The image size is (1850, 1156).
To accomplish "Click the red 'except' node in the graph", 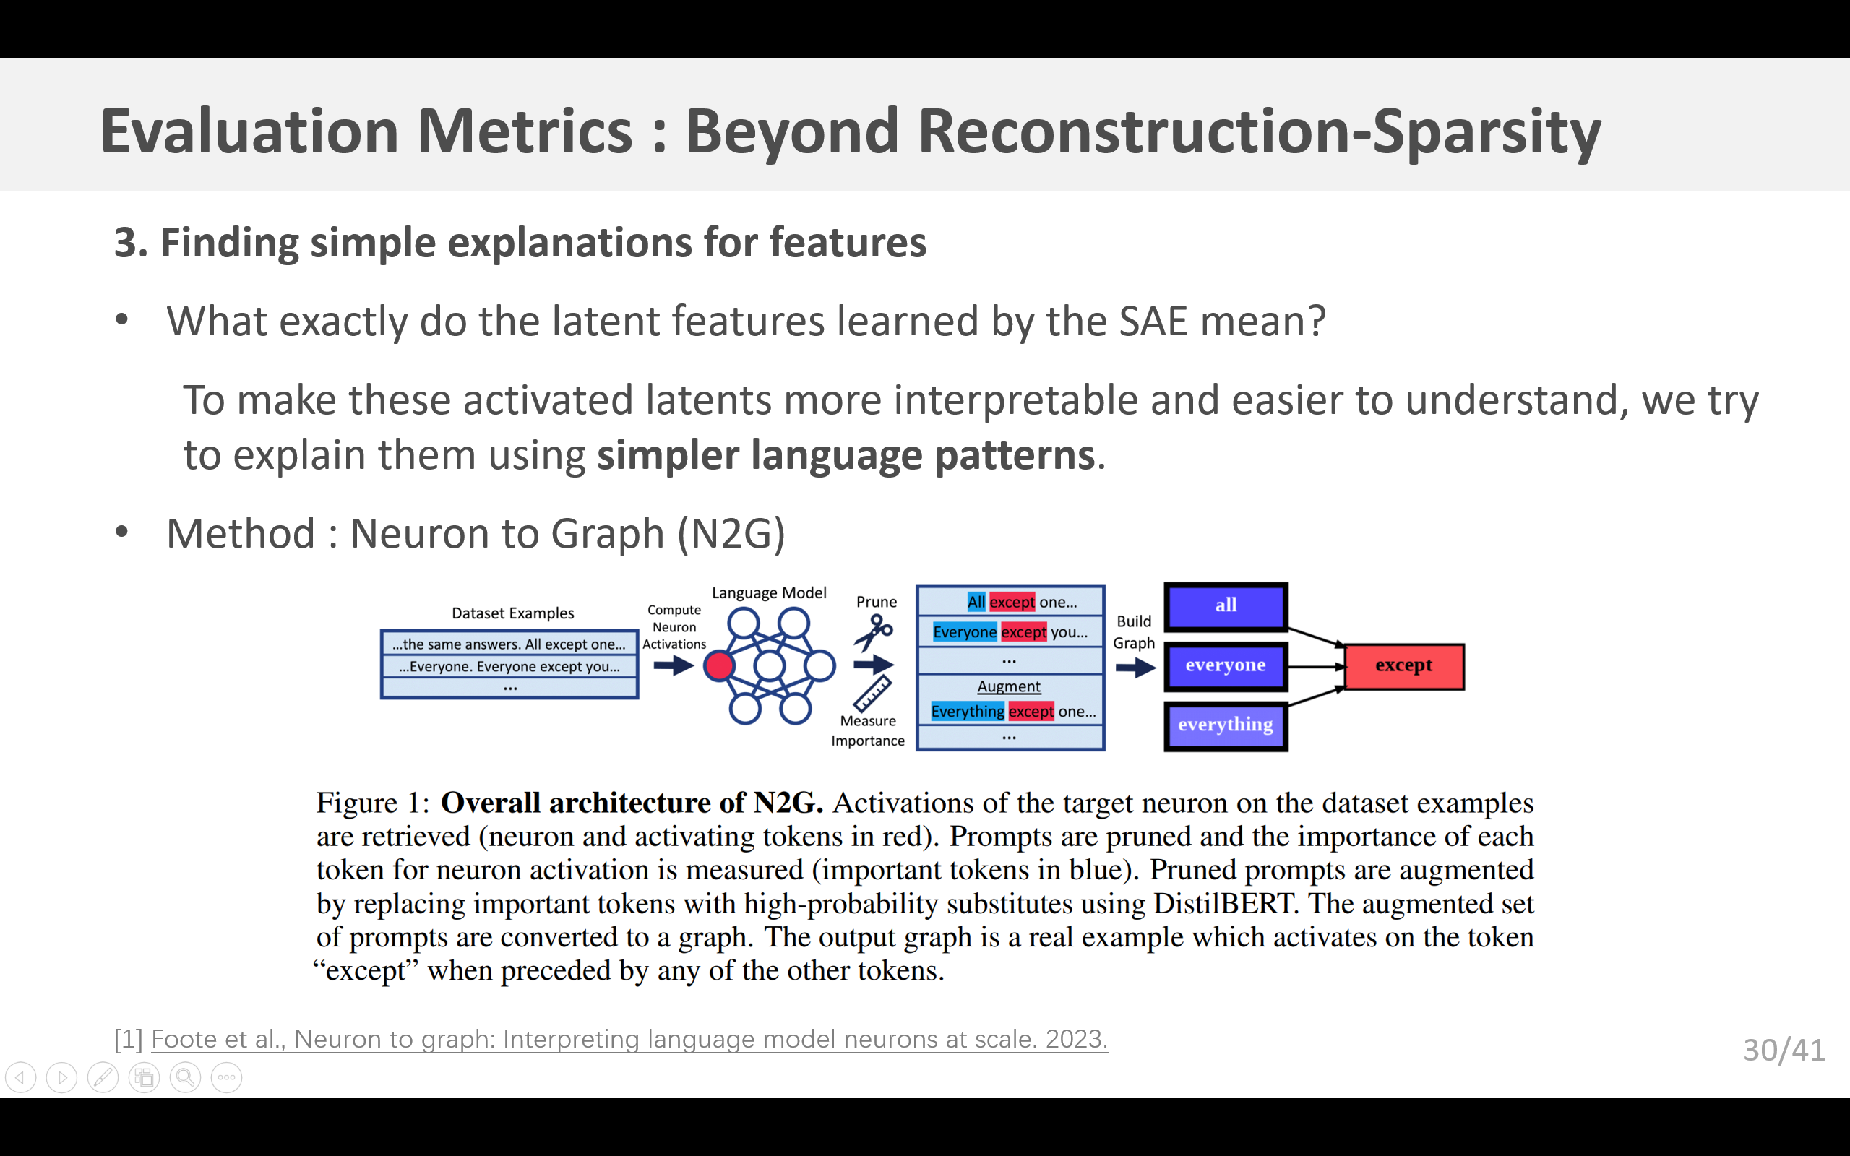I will pos(1404,666).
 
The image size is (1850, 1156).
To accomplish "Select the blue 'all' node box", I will pos(1226,605).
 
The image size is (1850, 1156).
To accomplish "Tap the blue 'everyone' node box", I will pos(1226,666).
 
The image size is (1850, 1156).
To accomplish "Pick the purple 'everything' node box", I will pos(1226,725).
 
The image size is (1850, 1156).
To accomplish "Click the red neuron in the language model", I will pos(718,666).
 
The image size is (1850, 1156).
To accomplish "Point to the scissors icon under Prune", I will pos(873,631).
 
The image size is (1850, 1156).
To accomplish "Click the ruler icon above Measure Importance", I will pos(872,694).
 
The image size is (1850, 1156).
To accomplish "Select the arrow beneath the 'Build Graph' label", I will pos(1135,669).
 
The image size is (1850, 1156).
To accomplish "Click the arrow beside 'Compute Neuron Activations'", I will pos(674,666).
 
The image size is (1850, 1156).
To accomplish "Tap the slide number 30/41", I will pos(1784,1051).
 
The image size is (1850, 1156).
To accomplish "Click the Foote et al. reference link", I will pos(629,1039).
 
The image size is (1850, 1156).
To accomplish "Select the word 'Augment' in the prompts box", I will pos(1008,686).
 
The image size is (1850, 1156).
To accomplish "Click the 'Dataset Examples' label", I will pos(512,613).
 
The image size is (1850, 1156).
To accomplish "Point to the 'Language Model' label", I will pos(768,593).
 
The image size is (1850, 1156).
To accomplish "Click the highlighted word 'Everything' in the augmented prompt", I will pos(967,712).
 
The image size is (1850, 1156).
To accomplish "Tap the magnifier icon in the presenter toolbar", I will pos(185,1078).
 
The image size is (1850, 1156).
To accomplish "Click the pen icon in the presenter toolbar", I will pos(103,1078).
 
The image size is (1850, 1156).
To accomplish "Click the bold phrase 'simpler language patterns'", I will pos(846,456).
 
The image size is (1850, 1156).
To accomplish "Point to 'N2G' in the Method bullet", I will pos(731,534).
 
